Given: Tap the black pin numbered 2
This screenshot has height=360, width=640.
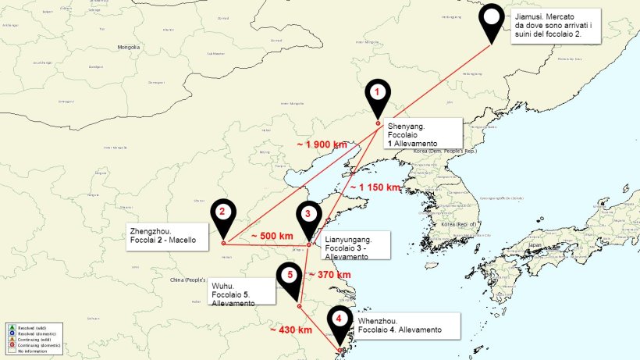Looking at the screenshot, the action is pyautogui.click(x=222, y=212).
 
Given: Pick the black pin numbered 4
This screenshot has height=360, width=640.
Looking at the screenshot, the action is pyautogui.click(x=339, y=319).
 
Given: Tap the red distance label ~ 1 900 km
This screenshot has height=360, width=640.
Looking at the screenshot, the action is pyautogui.click(x=322, y=144).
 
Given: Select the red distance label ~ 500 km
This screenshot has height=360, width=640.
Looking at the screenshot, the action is pyautogui.click(x=272, y=236).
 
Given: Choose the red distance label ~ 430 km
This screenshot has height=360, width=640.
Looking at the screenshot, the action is pyautogui.click(x=290, y=330).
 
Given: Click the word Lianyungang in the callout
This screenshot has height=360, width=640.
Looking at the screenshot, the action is pyautogui.click(x=347, y=239).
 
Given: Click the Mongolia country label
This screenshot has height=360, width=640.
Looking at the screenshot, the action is pyautogui.click(x=128, y=47).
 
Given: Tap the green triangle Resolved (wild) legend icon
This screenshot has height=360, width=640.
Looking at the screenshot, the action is pyautogui.click(x=12, y=326).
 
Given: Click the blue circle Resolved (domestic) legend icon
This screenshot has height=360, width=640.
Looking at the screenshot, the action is pyautogui.click(x=12, y=333).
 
